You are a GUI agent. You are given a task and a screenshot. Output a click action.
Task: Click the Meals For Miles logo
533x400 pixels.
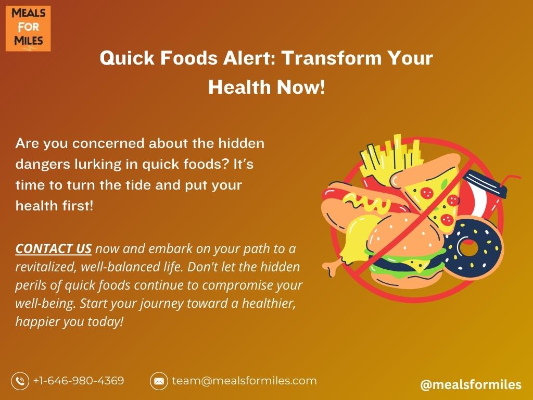coord(28,28)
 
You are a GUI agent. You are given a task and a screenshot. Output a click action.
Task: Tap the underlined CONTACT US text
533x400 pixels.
coord(54,248)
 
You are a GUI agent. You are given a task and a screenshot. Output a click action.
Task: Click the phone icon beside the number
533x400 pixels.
coord(20,381)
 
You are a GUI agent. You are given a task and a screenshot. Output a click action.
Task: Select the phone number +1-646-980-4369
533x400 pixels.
coord(79,380)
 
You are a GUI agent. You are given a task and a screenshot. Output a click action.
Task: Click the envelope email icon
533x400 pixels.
coord(159,381)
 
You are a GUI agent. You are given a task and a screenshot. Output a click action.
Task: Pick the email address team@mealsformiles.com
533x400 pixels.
coord(244,381)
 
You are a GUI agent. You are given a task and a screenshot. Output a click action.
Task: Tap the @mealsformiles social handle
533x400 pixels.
coord(471,384)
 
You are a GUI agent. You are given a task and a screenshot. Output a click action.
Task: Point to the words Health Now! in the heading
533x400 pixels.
coord(266,87)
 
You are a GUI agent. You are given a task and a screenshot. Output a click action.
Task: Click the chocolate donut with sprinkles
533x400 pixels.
coord(473,247)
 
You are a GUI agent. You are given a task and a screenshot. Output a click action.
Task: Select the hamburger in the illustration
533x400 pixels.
coord(406,250)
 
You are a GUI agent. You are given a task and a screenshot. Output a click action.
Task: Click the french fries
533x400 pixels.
coord(391,156)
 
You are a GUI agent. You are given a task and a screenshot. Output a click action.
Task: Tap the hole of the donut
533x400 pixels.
coord(468,247)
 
